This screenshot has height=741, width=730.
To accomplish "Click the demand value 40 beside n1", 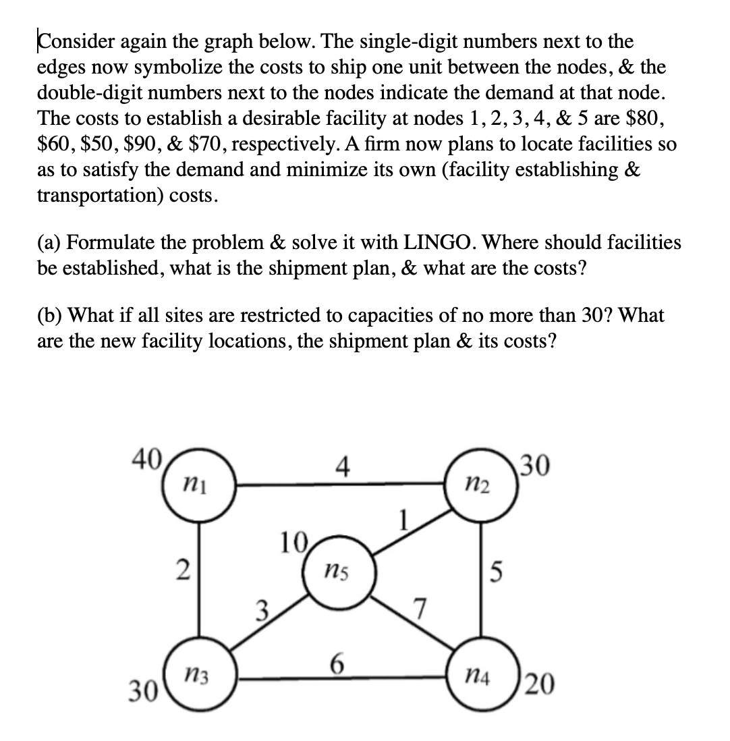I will (x=145, y=461).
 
